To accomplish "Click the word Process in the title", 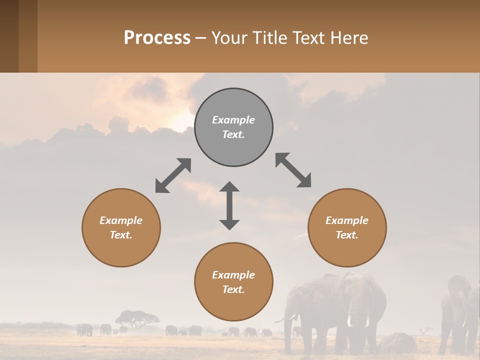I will click(157, 38).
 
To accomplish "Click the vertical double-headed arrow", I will click(229, 205).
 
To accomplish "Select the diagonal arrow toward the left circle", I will click(173, 175).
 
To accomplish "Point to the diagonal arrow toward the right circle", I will click(293, 170).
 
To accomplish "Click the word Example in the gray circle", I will click(233, 120).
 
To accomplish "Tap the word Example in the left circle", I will click(121, 220).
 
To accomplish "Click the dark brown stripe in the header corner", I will click(9, 36).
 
